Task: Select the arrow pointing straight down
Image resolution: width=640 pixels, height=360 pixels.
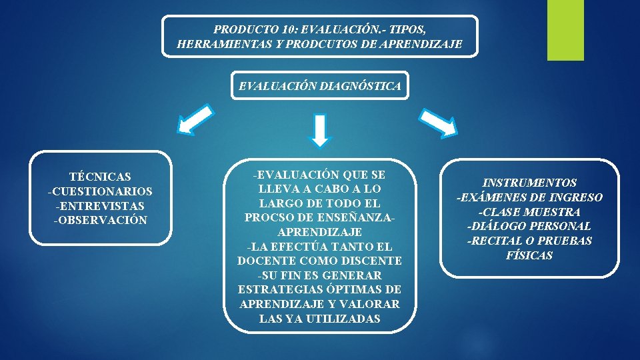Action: [x=321, y=130]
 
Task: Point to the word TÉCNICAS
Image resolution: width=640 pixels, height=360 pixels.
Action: [x=100, y=177]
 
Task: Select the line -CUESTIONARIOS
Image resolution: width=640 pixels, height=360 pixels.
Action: [x=100, y=191]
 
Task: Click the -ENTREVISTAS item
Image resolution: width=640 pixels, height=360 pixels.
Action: [x=100, y=206]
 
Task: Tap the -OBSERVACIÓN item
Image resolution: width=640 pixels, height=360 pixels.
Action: [x=100, y=221]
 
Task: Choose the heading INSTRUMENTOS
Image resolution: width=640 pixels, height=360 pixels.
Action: [x=530, y=183]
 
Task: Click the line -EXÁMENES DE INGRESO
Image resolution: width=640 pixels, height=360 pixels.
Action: [x=530, y=197]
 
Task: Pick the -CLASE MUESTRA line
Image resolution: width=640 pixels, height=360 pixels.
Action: [x=530, y=212]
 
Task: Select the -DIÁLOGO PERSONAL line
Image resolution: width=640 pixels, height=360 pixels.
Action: [x=530, y=227]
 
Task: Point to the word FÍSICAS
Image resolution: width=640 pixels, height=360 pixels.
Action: [x=530, y=255]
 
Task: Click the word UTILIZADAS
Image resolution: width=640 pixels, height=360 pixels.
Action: [x=346, y=319]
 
